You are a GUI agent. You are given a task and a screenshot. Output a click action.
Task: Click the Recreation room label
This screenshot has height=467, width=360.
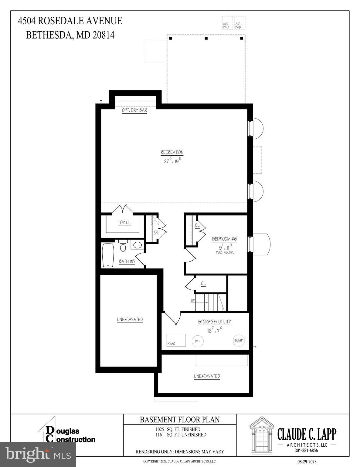coord(172,152)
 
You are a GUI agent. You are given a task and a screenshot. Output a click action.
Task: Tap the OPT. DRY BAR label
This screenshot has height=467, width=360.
coord(134,110)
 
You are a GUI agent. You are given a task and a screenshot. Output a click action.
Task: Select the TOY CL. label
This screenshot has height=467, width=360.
coord(124,223)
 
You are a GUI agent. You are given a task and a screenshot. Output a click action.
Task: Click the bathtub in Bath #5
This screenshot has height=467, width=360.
coord(108,255)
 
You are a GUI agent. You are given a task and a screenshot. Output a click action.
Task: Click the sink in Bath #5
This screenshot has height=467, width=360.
coord(138,245)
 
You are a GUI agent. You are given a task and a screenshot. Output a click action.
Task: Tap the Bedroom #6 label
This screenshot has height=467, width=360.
coord(224,239)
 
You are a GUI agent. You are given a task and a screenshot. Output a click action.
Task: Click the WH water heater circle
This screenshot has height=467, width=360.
coord(197,341)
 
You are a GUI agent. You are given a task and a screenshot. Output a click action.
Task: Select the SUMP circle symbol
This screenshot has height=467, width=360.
coord(239,341)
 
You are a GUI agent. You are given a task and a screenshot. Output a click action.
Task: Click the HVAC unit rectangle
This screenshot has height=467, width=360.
coord(176,340)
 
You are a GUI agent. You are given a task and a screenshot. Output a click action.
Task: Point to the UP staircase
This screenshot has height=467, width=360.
coord(210,303)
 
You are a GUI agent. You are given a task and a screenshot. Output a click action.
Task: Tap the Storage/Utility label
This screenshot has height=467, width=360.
coord(215,322)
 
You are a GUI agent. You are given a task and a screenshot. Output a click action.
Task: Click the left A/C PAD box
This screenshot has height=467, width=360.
coord(227,23)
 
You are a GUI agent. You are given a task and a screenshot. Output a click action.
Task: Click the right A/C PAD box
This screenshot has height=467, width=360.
coord(239,23)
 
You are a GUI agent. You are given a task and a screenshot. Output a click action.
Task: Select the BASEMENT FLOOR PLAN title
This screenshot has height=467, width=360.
coord(180,420)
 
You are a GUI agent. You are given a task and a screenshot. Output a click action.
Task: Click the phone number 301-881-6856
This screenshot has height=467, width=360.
coord(306,451)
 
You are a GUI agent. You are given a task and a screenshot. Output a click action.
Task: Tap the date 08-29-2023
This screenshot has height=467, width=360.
coord(307,462)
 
